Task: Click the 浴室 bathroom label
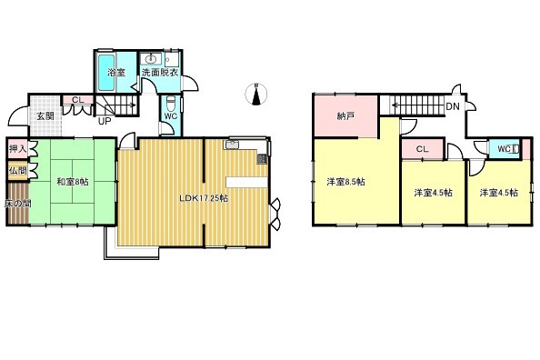click(x=115, y=71)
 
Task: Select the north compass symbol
click(x=256, y=94)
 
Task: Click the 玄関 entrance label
click(x=45, y=115)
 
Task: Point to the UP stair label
click(x=105, y=120)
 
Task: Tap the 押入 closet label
click(x=16, y=149)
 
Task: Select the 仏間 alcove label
click(x=16, y=170)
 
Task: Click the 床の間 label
click(x=16, y=204)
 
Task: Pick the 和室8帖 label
click(x=70, y=182)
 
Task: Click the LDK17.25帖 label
click(x=202, y=197)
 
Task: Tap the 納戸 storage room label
click(x=344, y=116)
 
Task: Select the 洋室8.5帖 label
click(x=345, y=182)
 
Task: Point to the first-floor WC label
click(x=171, y=115)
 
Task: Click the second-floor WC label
click(x=503, y=149)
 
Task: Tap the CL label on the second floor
click(x=422, y=150)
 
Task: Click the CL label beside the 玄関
click(x=77, y=100)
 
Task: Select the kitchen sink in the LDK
click(x=233, y=144)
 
